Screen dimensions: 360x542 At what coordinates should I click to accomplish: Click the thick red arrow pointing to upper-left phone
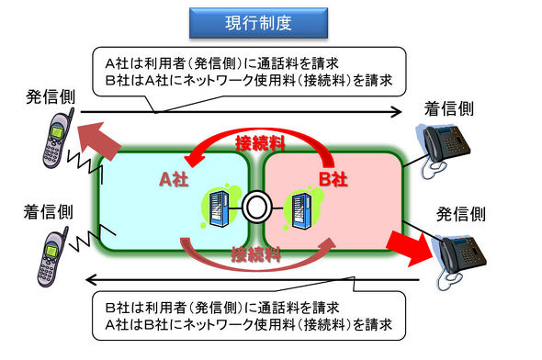(96, 139)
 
